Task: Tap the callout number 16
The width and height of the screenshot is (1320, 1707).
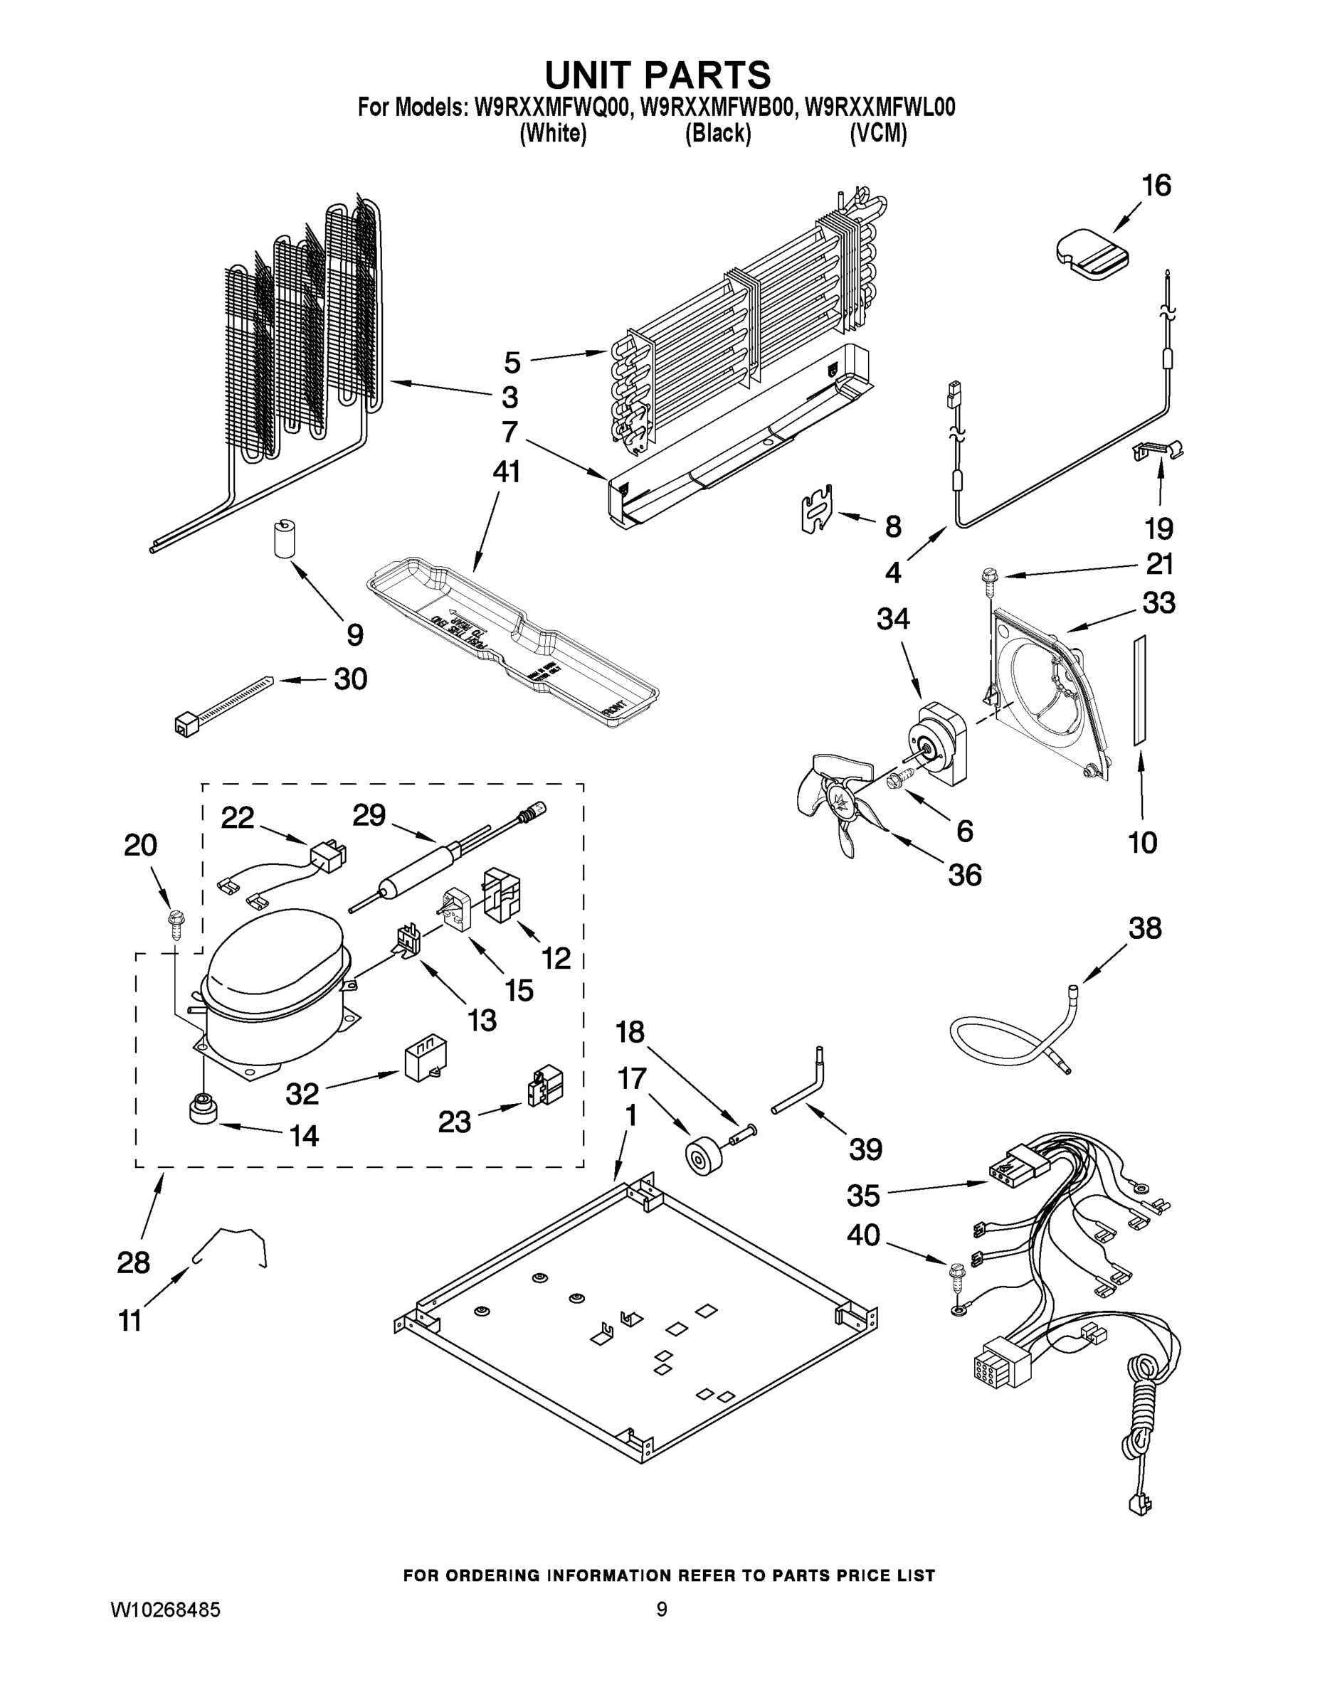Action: tap(1156, 186)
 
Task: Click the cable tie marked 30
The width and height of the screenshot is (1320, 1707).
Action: tap(223, 705)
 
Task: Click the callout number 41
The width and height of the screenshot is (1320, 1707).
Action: tap(506, 473)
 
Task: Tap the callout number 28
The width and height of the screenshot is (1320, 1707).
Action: tap(133, 1262)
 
